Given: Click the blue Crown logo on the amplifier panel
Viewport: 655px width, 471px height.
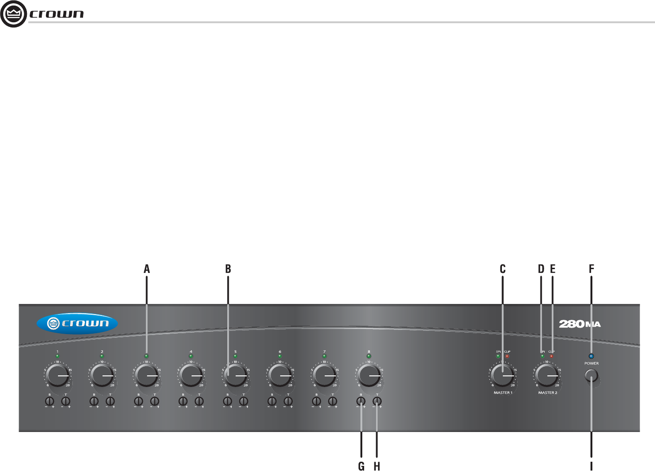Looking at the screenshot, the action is [x=77, y=324].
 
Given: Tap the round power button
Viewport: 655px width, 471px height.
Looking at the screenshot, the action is [x=591, y=376].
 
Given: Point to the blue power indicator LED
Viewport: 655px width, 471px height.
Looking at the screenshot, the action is [x=591, y=356].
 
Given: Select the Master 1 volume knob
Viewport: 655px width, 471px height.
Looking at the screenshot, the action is [x=502, y=376].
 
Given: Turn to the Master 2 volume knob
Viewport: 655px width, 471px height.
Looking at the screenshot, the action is [x=547, y=376].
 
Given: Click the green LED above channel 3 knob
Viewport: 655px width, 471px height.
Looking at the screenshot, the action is [x=147, y=356].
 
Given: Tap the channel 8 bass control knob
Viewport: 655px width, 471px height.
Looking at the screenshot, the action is [x=361, y=401].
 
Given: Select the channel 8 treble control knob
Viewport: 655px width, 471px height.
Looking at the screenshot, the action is [x=377, y=401].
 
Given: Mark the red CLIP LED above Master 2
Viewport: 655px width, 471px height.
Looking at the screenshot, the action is [x=552, y=356].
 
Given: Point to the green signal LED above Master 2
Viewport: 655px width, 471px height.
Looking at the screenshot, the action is [x=542, y=356].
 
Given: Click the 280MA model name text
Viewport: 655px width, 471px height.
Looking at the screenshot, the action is [x=580, y=324].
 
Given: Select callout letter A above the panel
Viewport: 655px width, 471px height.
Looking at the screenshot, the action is [x=147, y=269].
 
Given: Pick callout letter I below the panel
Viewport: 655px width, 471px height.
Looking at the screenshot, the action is [x=591, y=466].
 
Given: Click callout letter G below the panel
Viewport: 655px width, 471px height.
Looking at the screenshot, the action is [x=361, y=466].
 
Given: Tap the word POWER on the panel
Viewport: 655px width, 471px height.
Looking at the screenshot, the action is [x=591, y=363].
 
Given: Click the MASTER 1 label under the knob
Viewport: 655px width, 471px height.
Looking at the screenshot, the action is [x=503, y=393].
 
